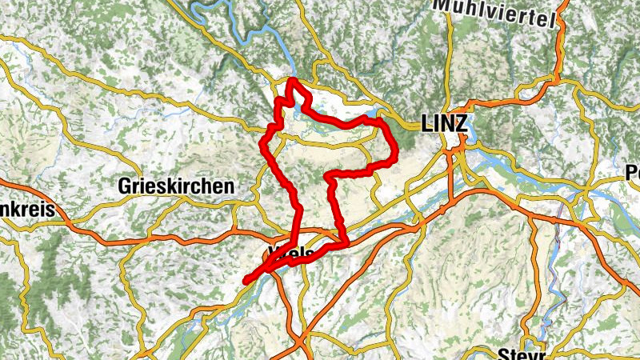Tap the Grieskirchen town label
click(176, 186)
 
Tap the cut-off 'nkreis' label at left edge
click(26, 210)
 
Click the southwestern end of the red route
click(246, 280)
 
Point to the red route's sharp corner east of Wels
click(346, 242)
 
